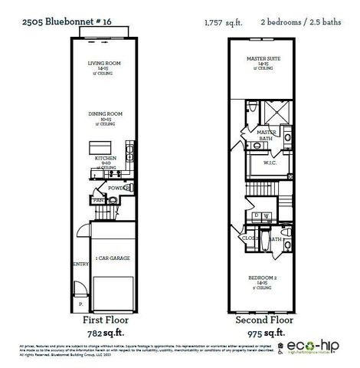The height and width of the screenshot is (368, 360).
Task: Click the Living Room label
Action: pos(105,65)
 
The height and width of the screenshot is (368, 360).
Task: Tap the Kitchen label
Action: pos(105,158)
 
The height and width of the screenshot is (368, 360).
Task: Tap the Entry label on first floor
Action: pos(79,264)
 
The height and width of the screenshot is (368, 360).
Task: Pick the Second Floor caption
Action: pos(265,318)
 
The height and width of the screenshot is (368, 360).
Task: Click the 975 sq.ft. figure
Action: pos(265,334)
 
